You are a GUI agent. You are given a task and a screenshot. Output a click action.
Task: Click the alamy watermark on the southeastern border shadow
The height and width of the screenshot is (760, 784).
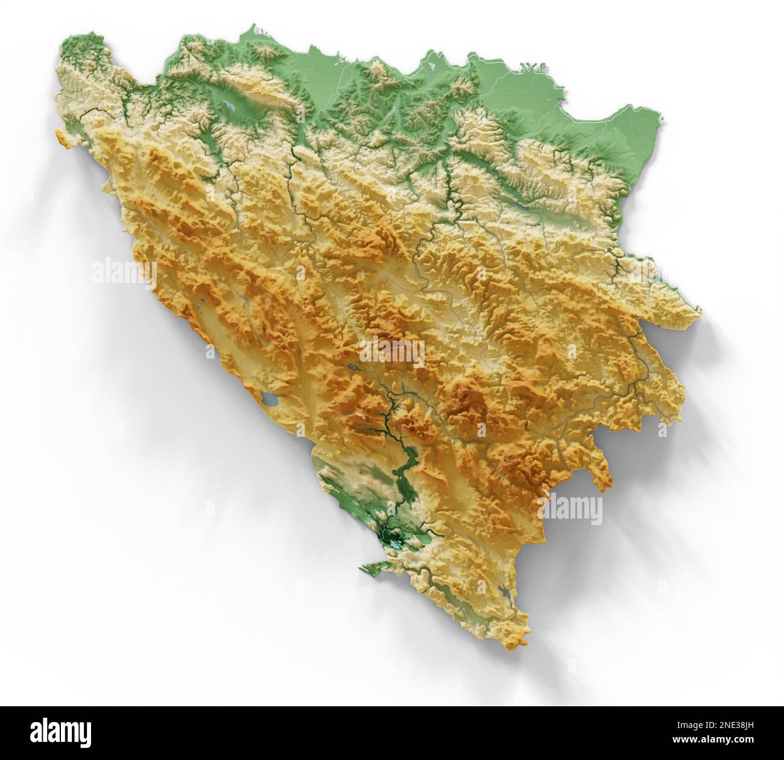pyautogui.click(x=573, y=509)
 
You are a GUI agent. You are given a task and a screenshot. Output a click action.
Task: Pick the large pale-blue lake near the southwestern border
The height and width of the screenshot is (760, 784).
pyautogui.click(x=270, y=399)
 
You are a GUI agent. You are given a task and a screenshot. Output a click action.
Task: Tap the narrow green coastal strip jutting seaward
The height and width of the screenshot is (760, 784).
pyautogui.click(x=373, y=566)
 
